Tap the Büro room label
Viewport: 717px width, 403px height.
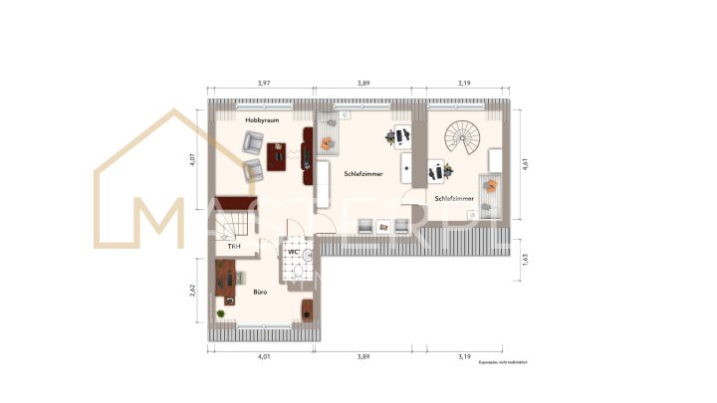pyautogui.click(x=258, y=292)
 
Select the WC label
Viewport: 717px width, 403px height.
pyautogui.click(x=294, y=252)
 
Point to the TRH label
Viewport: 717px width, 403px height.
pyautogui.click(x=234, y=246)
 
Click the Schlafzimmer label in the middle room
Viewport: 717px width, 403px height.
pyautogui.click(x=363, y=173)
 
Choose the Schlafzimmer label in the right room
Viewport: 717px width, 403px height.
pyautogui.click(x=454, y=198)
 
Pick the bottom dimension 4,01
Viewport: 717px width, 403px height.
pyautogui.click(x=263, y=355)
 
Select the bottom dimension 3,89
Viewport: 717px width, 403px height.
pyautogui.click(x=363, y=355)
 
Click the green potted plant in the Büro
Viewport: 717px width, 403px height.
pyautogui.click(x=221, y=315)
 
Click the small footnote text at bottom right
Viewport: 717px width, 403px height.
pyautogui.click(x=503, y=363)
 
